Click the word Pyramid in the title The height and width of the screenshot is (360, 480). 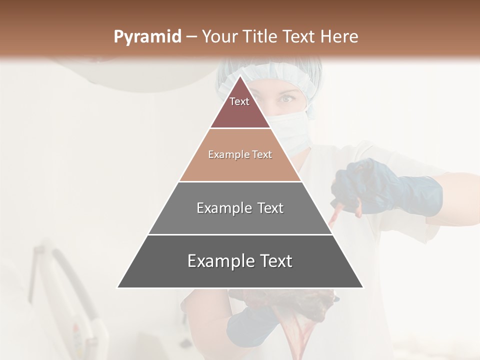147,37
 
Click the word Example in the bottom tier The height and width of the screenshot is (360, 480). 221,261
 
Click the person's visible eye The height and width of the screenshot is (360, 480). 286,99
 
